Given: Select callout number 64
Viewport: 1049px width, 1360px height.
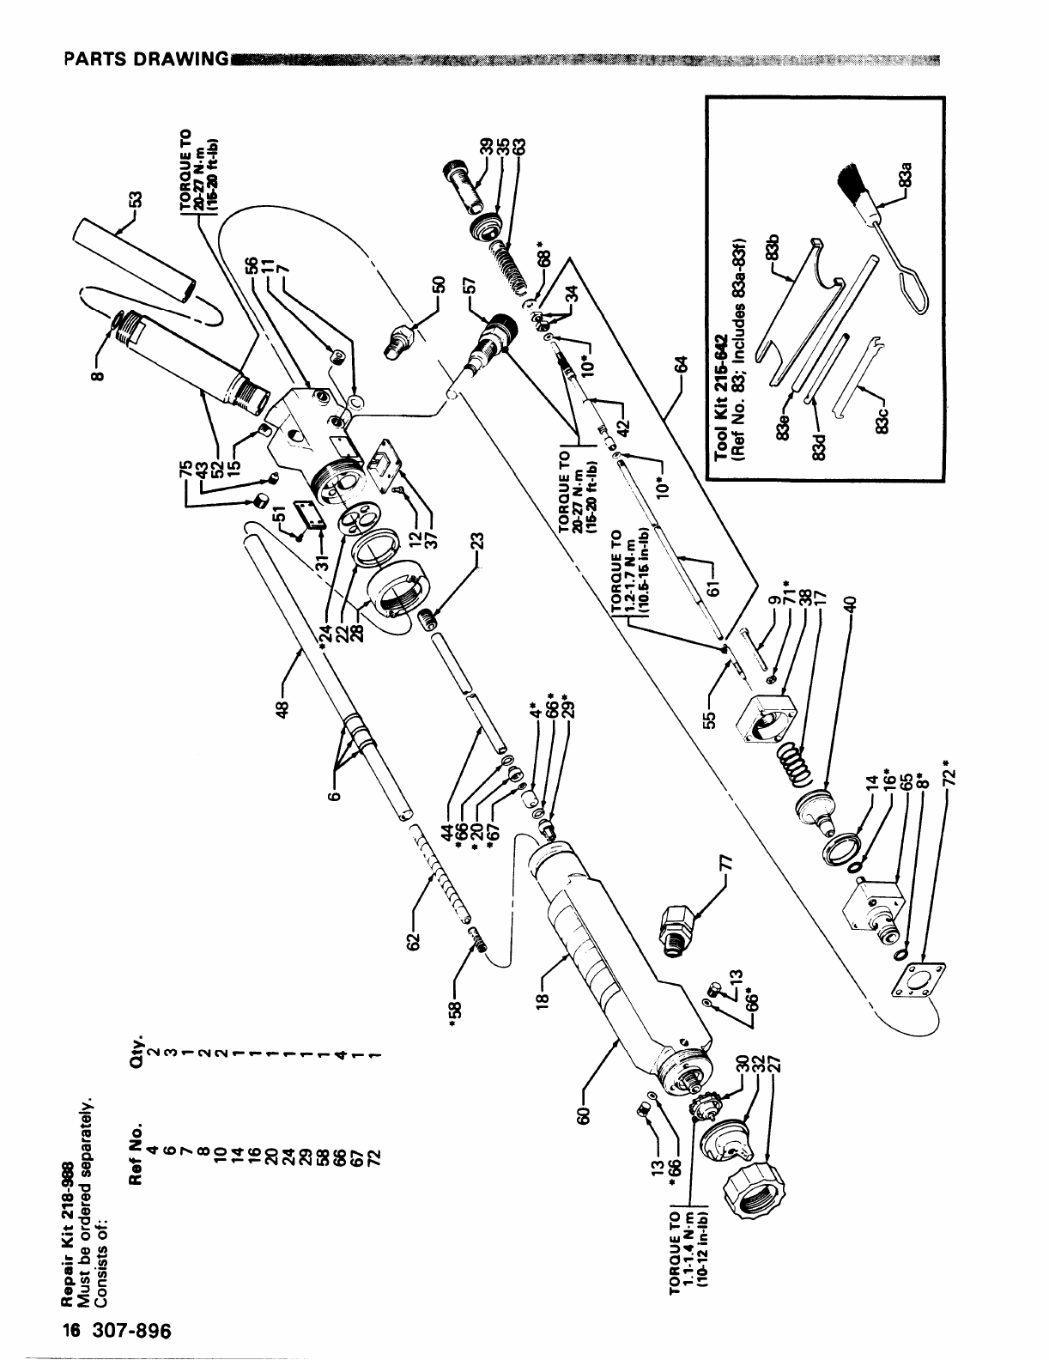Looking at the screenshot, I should click(x=682, y=365).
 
